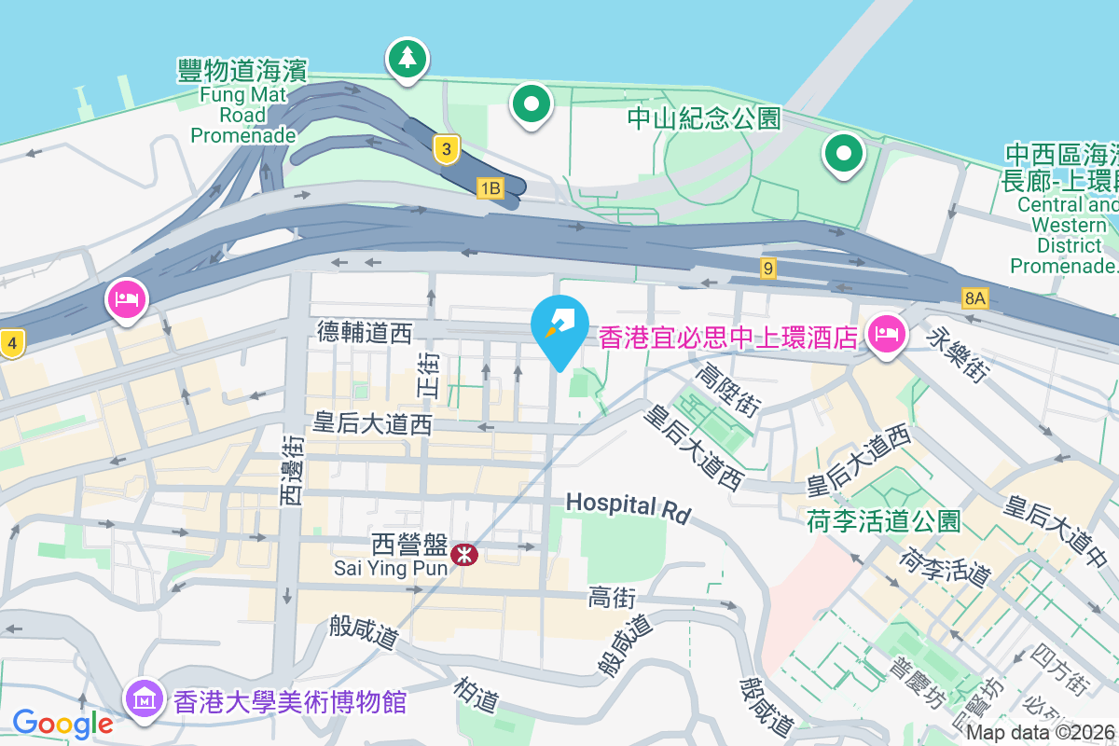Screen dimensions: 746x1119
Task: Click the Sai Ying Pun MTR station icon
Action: coord(463,555)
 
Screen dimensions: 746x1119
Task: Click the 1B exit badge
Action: coord(490,189)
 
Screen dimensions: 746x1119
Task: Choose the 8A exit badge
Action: coord(974,298)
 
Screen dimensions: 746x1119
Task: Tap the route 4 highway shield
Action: coord(11,343)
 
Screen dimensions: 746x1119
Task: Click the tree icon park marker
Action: coord(407,60)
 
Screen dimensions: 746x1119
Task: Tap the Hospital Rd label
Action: coord(628,506)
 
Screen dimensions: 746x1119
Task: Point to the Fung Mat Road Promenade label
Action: coord(242,102)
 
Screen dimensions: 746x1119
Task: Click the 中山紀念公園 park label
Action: coord(703,118)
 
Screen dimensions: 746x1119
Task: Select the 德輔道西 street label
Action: coord(365,333)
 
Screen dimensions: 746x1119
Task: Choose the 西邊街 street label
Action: coord(292,470)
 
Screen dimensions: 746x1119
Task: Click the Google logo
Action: coord(62,723)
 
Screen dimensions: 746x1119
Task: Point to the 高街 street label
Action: coord(613,598)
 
